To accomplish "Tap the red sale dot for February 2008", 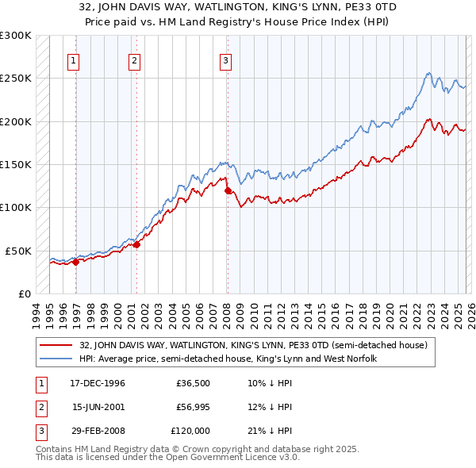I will pyautogui.click(x=228, y=190).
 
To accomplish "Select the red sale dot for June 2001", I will pyautogui.click(x=136, y=244).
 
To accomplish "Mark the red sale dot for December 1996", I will pyautogui.click(x=76, y=262).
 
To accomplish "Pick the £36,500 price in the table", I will pyautogui.click(x=194, y=383).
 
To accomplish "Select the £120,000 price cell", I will pyautogui.click(x=191, y=431).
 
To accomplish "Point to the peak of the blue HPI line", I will pyautogui.click(x=428, y=73).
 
